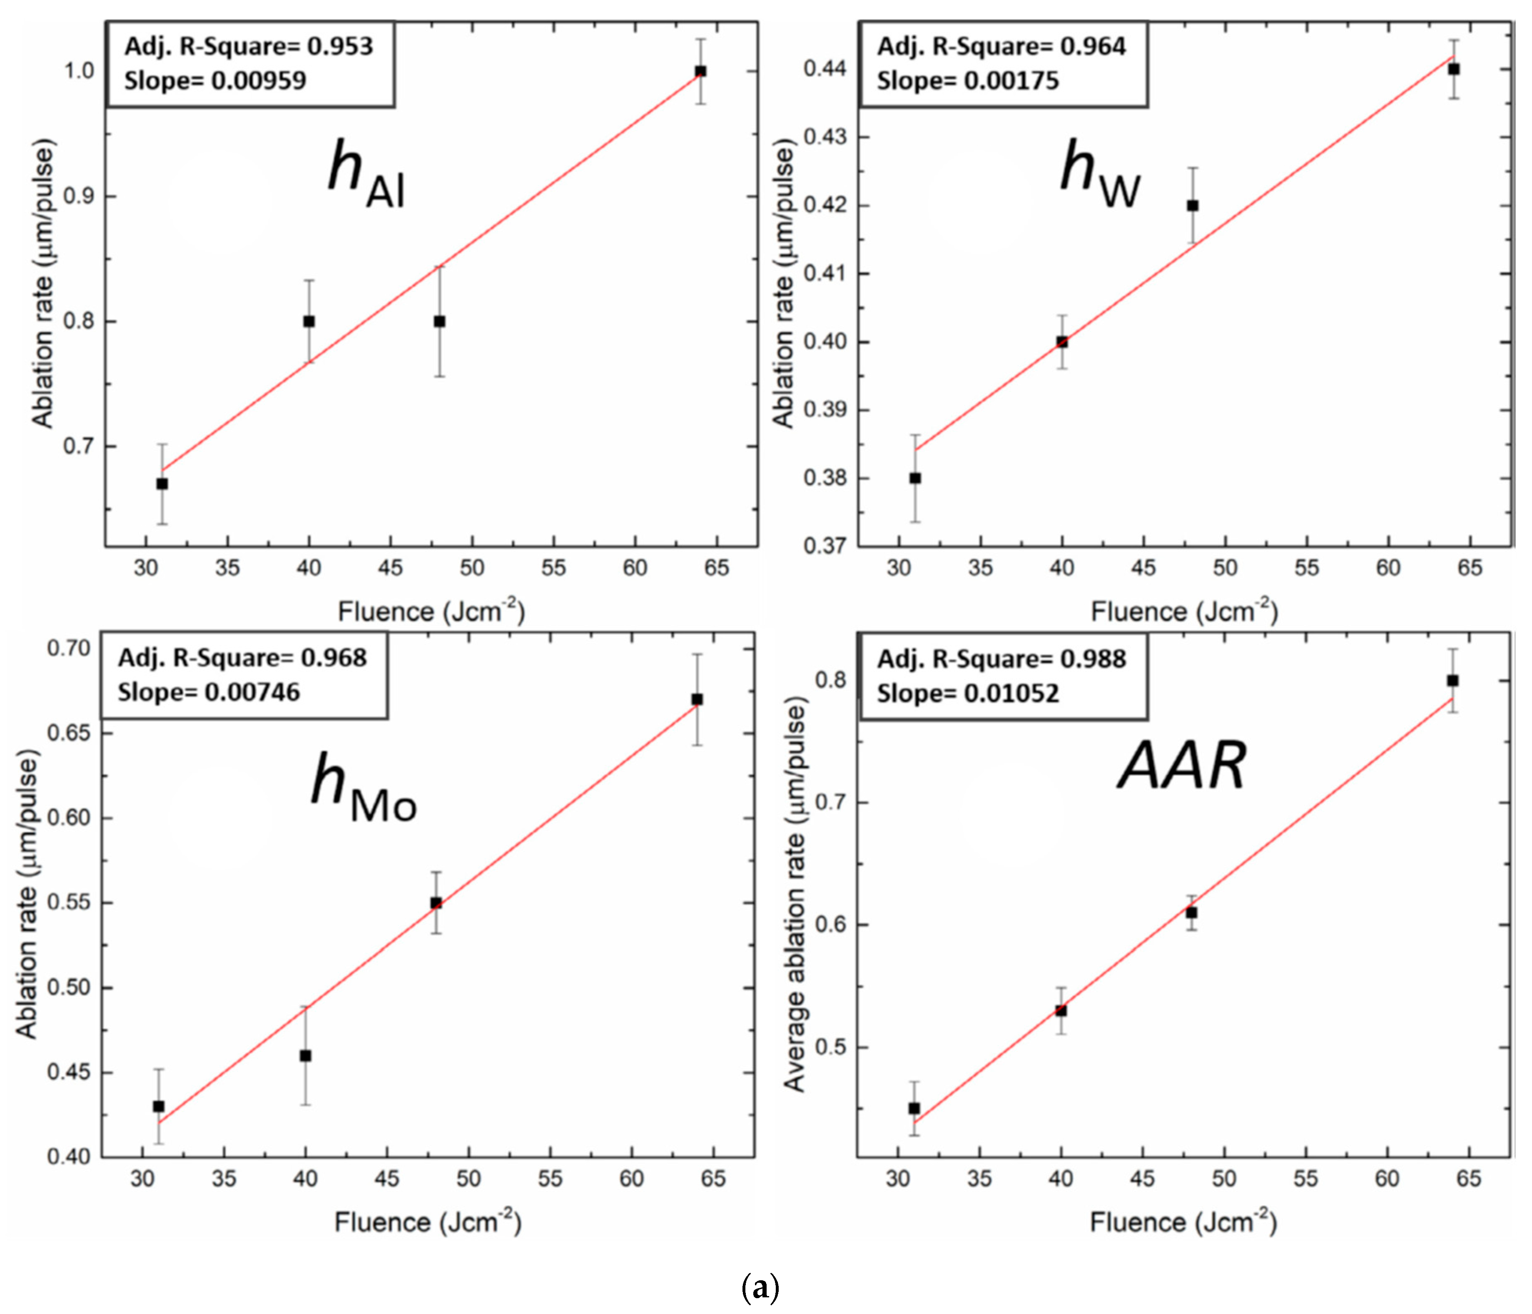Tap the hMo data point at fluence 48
[436, 903]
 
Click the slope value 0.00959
[259, 80]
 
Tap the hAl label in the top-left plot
[366, 174]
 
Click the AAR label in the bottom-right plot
[1181, 766]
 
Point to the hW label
[1099, 174]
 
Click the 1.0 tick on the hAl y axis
[79, 71]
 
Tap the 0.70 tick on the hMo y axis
[69, 648]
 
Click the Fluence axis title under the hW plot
[1184, 611]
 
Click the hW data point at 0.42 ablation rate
[1193, 206]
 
